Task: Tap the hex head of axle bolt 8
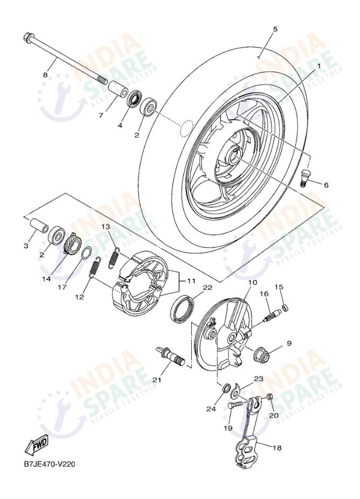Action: [29, 38]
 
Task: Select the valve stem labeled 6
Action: [306, 177]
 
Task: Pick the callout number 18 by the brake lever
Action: [276, 447]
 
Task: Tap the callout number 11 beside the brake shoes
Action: [191, 281]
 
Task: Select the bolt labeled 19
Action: [236, 405]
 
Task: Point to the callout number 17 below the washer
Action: [62, 287]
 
